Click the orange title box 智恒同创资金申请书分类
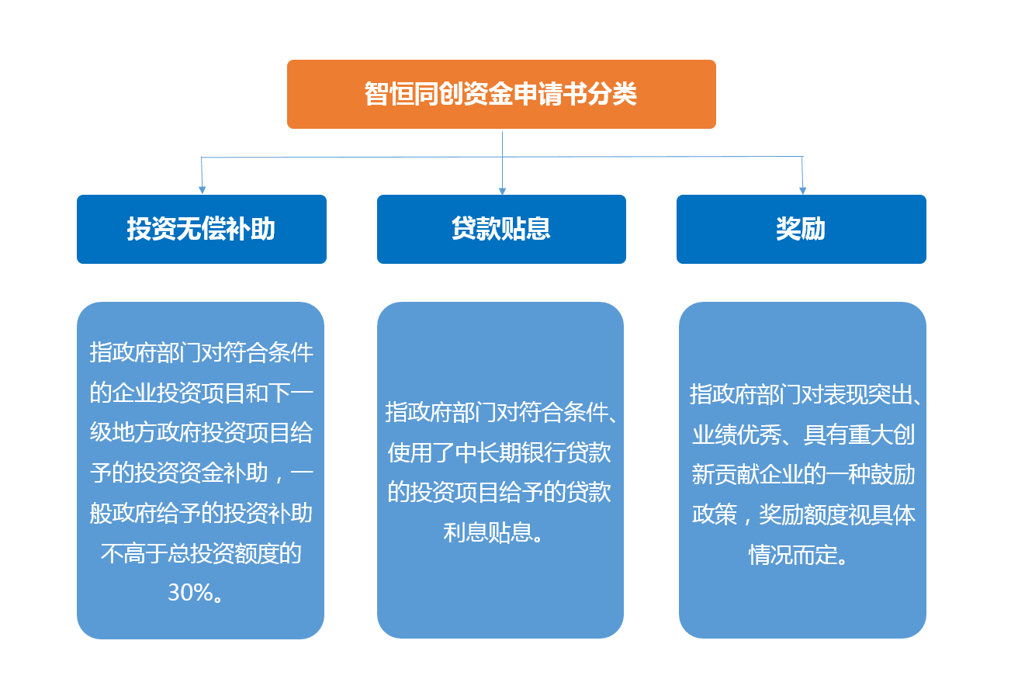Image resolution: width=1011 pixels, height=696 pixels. coord(501,95)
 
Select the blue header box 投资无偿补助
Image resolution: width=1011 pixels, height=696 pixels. coord(202,230)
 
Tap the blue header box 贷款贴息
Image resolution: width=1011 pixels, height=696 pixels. coord(501,230)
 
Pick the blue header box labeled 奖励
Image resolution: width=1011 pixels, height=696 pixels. coord(802,230)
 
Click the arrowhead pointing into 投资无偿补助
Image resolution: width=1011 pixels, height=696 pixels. coord(203,190)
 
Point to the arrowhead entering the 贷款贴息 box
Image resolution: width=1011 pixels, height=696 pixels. coord(502,191)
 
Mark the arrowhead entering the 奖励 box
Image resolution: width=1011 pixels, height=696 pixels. coord(802,190)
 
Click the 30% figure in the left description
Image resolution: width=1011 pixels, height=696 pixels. coord(190,592)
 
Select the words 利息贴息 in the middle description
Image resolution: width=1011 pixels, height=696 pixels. coord(488,532)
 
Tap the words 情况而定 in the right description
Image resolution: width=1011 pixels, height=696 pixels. coord(793,555)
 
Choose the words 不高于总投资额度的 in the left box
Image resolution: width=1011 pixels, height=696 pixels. coord(201,553)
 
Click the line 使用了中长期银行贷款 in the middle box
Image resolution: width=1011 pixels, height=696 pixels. coord(499,452)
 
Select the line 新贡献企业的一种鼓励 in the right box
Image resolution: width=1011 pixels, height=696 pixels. coord(803,474)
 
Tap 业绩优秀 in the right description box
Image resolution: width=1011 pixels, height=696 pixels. coord(736,435)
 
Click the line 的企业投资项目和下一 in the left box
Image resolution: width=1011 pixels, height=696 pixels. coord(201,393)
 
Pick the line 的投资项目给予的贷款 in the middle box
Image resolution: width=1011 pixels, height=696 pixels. coord(499,492)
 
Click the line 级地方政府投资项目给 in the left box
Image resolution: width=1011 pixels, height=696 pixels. coord(201,432)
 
